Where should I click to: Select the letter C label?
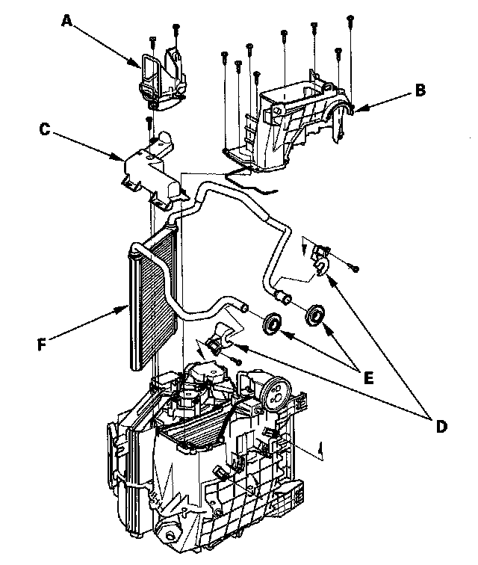44,130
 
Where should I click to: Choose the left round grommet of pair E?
273,322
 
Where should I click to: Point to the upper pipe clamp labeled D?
321,258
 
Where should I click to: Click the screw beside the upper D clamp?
356,267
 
